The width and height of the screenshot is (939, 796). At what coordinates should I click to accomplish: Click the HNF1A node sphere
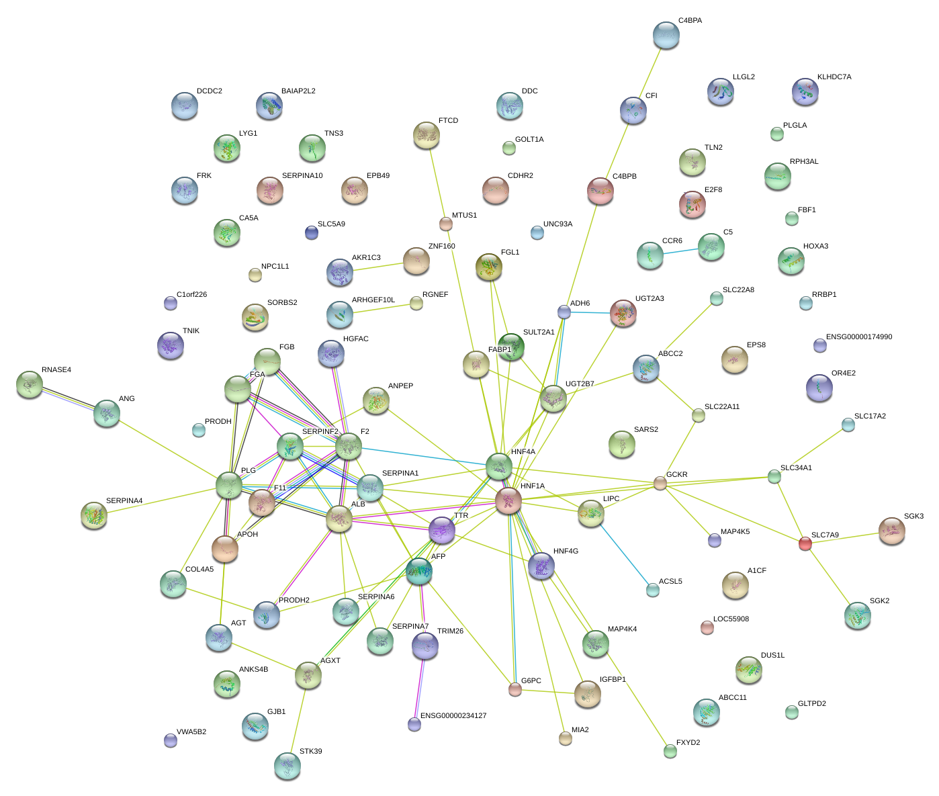click(x=508, y=500)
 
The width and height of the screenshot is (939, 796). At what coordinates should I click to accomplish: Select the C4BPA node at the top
click(x=666, y=36)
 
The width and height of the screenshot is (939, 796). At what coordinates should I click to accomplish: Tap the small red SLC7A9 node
click(x=805, y=544)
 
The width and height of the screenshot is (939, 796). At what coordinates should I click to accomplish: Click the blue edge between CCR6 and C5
click(x=680, y=251)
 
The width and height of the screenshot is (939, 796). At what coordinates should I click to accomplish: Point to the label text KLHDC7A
click(x=834, y=77)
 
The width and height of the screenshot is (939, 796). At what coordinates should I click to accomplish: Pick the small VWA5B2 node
click(x=171, y=740)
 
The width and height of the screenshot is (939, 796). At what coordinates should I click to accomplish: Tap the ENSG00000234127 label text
click(x=453, y=716)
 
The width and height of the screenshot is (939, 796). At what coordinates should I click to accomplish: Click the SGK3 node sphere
click(x=891, y=531)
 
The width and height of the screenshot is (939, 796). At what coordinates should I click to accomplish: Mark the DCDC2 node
click(x=184, y=105)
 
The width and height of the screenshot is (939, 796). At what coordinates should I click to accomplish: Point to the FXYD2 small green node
click(x=670, y=751)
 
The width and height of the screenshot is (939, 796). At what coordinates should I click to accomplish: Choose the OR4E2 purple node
click(x=819, y=387)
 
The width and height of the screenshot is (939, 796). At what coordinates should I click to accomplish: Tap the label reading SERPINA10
click(x=302, y=176)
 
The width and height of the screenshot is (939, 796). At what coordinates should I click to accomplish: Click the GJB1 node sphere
click(x=255, y=725)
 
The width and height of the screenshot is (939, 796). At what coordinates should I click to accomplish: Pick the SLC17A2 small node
click(x=848, y=425)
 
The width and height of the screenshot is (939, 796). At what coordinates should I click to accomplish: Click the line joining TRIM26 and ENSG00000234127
click(x=420, y=687)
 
